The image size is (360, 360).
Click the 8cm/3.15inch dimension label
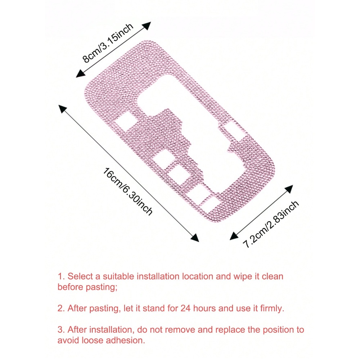[x=108, y=43]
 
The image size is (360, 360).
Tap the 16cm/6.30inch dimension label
[x=128, y=192]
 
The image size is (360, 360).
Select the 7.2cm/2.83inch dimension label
[x=271, y=224]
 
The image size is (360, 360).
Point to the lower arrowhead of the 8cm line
[x=80, y=74]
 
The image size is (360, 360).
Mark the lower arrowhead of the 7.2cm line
[x=234, y=236]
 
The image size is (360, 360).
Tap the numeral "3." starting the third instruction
[x=61, y=330]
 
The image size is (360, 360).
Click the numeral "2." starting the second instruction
[x=61, y=309]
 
